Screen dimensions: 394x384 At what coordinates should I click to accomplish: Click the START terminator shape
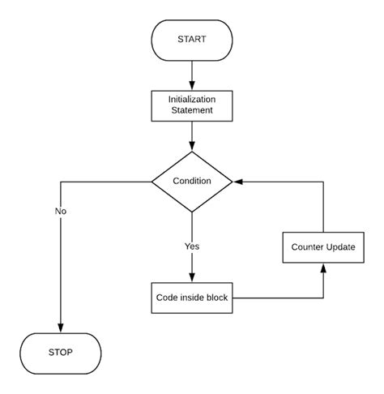click(x=193, y=40)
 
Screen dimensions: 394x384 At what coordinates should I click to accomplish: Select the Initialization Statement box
click(x=193, y=105)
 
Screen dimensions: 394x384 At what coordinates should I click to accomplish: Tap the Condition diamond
click(x=193, y=181)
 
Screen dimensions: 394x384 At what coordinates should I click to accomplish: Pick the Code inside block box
click(x=193, y=298)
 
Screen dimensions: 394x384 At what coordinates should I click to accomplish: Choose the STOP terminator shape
click(x=61, y=352)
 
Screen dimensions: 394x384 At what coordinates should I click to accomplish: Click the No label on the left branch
click(x=61, y=211)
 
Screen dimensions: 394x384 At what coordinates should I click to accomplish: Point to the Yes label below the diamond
click(x=192, y=246)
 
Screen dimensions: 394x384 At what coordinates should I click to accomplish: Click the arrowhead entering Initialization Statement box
click(x=193, y=84)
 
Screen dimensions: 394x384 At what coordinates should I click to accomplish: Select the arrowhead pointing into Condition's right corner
click(x=238, y=182)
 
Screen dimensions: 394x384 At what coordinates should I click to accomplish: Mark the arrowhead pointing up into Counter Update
click(x=323, y=268)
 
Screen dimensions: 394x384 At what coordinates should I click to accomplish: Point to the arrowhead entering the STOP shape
click(x=61, y=326)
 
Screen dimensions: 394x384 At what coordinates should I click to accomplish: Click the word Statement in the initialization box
click(x=193, y=110)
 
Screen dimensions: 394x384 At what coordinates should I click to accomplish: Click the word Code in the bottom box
click(x=168, y=298)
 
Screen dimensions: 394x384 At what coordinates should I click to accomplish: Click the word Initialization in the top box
click(x=193, y=99)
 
